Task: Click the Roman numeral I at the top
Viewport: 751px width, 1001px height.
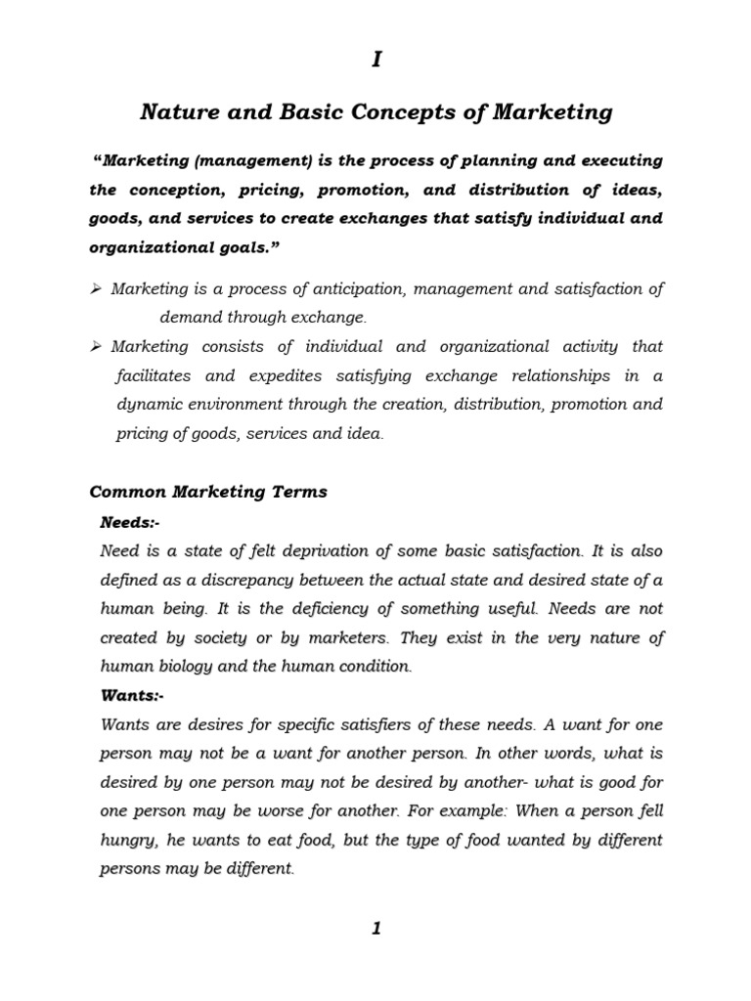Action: point(375,61)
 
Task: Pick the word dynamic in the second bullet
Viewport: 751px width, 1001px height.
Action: point(147,405)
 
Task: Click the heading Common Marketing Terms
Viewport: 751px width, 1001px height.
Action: point(208,492)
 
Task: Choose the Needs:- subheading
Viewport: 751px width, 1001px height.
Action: point(130,522)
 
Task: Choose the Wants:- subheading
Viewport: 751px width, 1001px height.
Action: point(133,696)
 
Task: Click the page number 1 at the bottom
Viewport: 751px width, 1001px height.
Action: point(375,929)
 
